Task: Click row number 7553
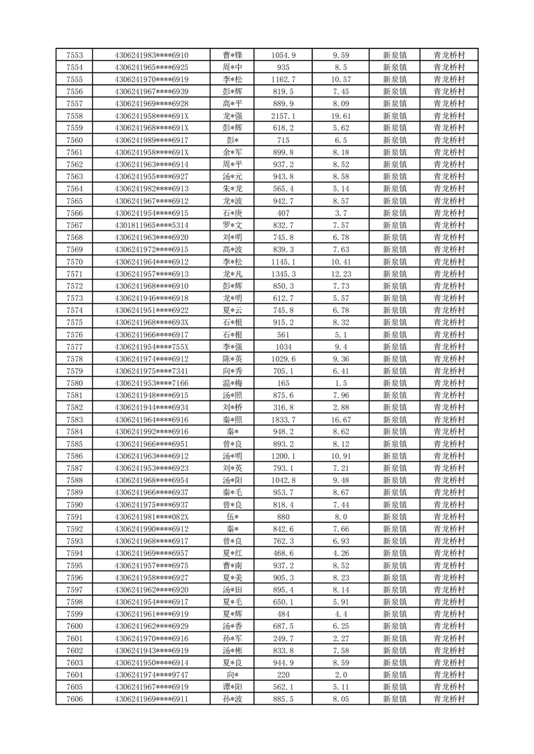75,55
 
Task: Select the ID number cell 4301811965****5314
151,225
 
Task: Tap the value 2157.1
283,116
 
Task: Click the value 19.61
340,116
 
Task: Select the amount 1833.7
283,419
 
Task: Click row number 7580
75,383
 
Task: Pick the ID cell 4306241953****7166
151,383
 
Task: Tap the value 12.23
340,274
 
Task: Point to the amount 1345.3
283,274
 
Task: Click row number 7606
75,699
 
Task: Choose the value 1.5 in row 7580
340,383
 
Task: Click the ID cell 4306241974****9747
151,675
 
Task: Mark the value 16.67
340,419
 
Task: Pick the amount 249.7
283,638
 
